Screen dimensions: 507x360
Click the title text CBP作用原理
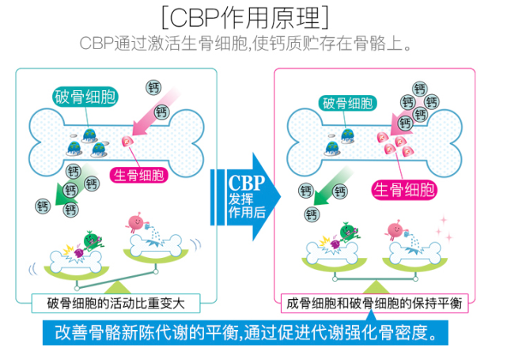tap(245, 17)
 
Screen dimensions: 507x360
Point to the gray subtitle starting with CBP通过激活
tap(245, 44)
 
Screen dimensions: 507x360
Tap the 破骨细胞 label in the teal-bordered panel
tap(85, 97)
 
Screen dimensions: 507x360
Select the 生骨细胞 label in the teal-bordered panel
tap(139, 176)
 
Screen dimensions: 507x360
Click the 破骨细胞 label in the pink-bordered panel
tap(347, 104)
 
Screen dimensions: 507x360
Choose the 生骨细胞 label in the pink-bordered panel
tap(404, 190)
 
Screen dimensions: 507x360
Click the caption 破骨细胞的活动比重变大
tap(115, 303)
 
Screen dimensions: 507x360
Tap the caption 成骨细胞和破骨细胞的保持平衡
tap(374, 303)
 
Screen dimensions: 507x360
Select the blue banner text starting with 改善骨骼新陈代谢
tap(247, 332)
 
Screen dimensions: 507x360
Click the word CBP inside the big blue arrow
tap(247, 183)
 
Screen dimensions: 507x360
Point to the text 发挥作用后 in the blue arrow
tap(247, 206)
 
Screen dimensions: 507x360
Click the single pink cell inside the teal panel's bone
tap(127, 142)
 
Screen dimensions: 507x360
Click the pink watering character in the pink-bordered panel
tap(396, 229)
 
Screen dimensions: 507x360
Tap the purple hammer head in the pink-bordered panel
tap(335, 244)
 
